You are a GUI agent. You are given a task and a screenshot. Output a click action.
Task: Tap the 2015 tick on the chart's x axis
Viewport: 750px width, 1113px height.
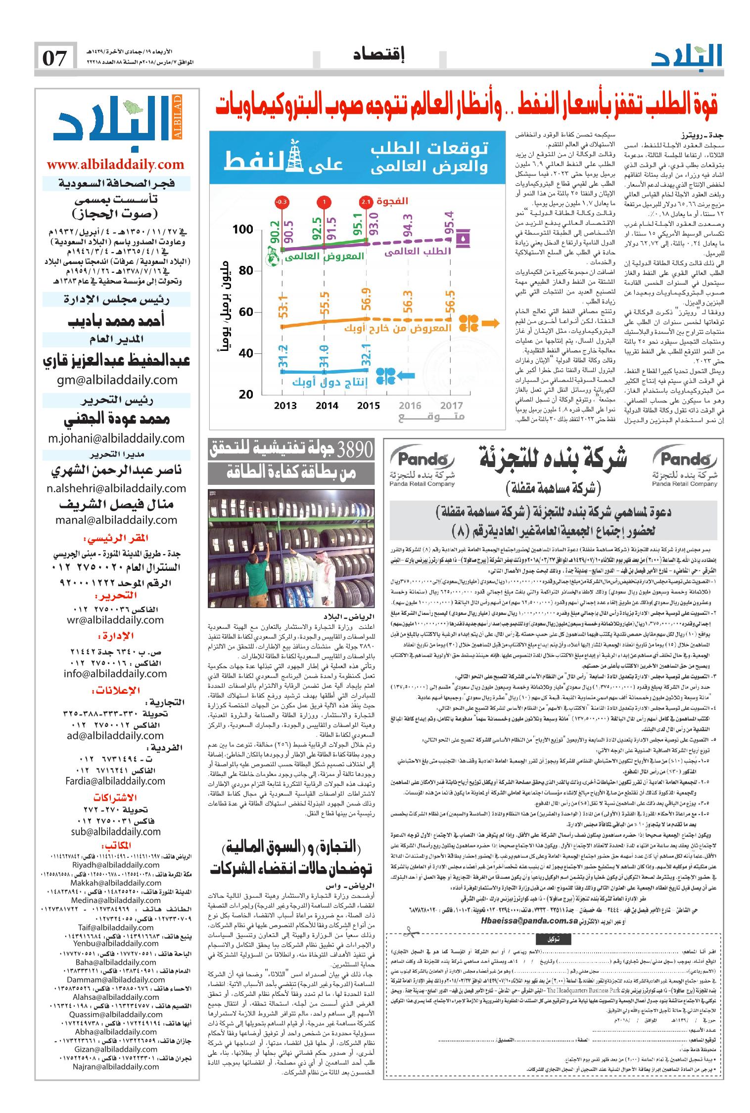point(368,406)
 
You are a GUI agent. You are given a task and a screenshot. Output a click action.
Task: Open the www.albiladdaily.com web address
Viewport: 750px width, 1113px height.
point(116,164)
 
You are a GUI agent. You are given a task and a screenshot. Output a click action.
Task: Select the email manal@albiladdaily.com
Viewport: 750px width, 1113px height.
point(116,520)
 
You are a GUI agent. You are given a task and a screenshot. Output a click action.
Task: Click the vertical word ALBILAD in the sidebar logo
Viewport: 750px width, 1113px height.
point(179,119)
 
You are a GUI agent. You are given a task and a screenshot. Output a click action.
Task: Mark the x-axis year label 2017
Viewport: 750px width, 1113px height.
point(451,406)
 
